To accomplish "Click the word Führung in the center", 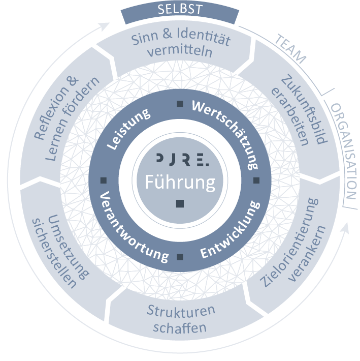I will click(x=180, y=182).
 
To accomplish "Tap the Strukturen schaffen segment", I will click(x=181, y=318).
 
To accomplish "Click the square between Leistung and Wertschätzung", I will click(x=180, y=104).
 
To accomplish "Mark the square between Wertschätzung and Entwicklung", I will click(x=256, y=180).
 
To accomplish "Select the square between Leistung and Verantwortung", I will click(x=104, y=180).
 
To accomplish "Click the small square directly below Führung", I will click(x=180, y=204).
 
